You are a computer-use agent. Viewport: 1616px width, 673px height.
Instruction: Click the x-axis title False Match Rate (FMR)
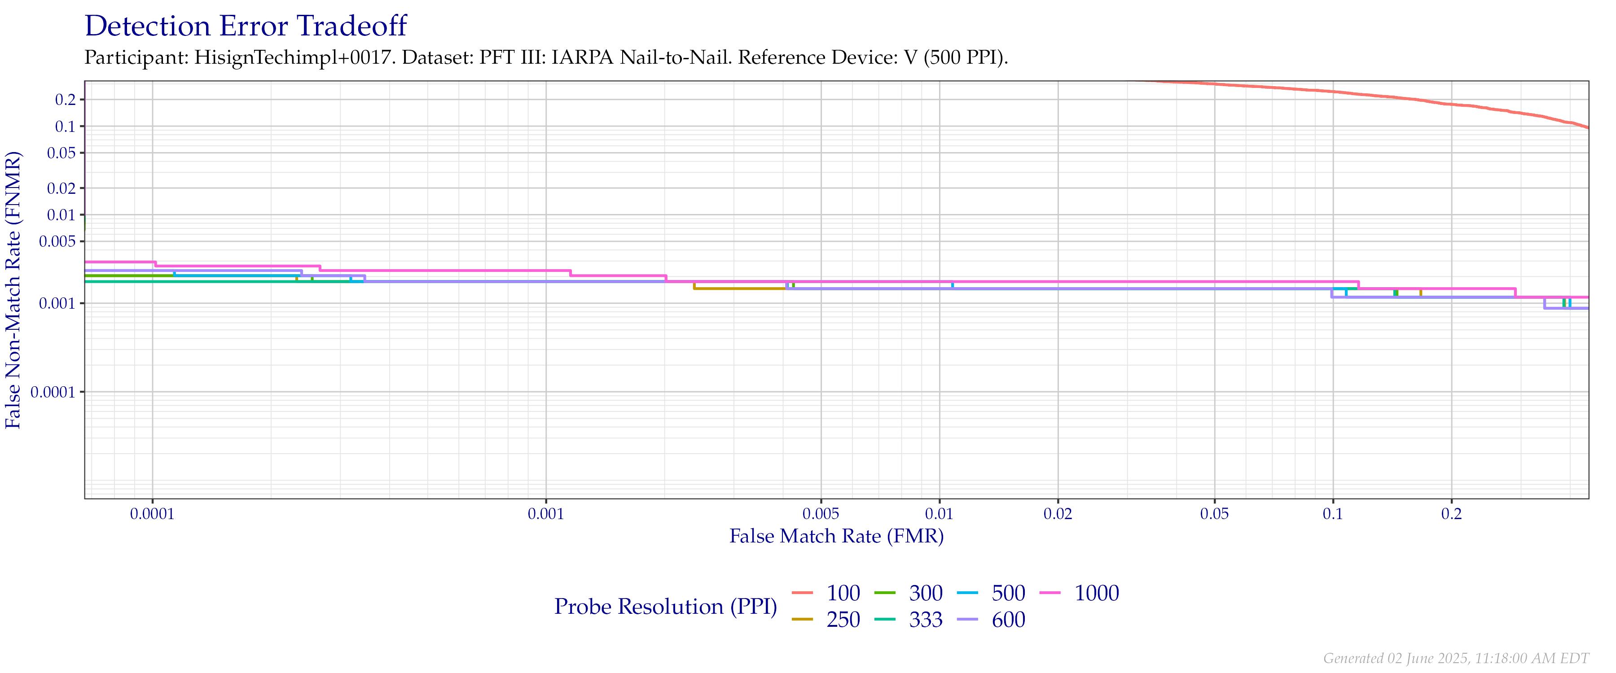(836, 536)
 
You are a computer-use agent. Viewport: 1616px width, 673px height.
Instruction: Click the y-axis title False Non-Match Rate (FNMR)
(14, 290)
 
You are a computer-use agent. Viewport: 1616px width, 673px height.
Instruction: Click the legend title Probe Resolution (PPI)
(666, 607)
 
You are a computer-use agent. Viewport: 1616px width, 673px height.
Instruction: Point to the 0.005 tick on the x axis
(821, 514)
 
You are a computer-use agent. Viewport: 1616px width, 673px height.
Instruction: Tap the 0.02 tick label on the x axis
(1058, 514)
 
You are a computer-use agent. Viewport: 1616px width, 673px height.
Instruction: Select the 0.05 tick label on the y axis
(61, 153)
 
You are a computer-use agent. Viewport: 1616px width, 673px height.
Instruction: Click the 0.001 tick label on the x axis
(546, 514)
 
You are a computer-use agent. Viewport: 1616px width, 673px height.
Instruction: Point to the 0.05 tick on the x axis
(1215, 514)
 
